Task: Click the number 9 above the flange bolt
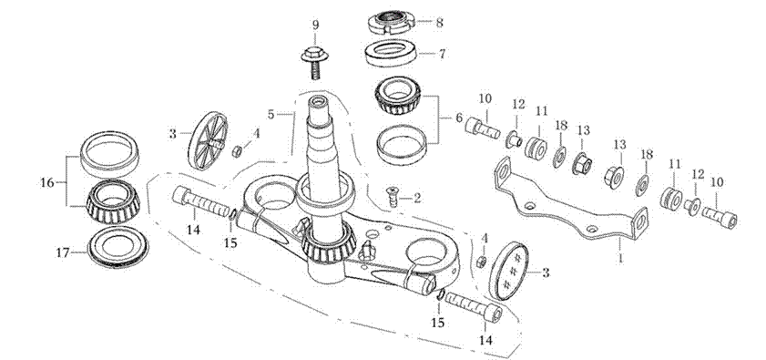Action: [x=315, y=25]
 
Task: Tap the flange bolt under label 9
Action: [x=314, y=62]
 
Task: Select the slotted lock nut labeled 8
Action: [x=391, y=22]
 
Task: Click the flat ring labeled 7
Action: [x=391, y=53]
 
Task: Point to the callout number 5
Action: [x=271, y=115]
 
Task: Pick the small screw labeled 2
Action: [x=392, y=196]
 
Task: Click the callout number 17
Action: [x=63, y=253]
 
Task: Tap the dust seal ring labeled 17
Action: [x=117, y=246]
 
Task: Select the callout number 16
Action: [x=46, y=183]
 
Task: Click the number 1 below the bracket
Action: [x=620, y=258]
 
